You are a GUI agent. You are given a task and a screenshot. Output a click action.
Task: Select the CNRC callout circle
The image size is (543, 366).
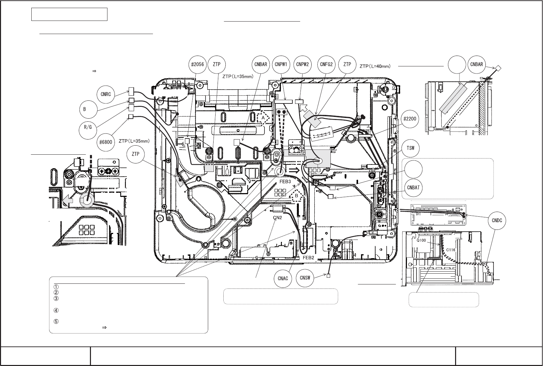coord(106,94)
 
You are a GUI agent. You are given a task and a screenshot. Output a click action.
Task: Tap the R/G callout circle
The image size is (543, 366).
coord(88,128)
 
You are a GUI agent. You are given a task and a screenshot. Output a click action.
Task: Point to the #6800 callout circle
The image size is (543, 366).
coord(106,142)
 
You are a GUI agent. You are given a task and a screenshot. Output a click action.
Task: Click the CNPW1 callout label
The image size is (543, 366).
coord(281,64)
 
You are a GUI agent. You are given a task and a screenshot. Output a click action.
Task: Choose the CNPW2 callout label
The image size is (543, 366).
coord(302,64)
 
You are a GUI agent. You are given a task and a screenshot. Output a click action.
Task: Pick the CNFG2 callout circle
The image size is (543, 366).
coord(326,64)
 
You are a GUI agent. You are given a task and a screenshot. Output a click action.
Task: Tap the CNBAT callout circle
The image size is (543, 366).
coord(413,188)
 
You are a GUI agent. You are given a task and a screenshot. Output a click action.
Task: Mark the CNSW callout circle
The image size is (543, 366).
coord(306,278)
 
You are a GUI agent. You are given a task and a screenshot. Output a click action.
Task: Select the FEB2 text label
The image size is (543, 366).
coord(309,257)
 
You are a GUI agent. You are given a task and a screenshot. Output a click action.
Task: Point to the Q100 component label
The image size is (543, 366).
coord(421,241)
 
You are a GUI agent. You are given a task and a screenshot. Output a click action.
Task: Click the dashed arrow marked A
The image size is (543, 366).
coord(263,118)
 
